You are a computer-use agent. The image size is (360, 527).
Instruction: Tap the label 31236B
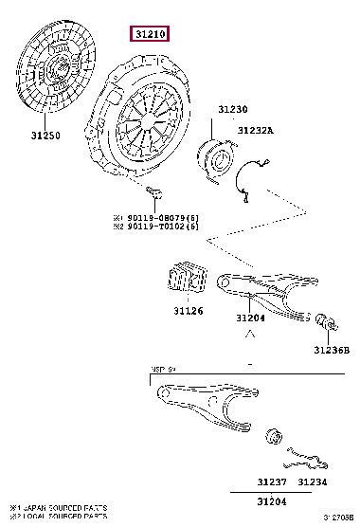333,352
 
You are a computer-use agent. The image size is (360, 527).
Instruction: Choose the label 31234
313,482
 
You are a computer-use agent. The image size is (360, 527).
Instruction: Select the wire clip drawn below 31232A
249,185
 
